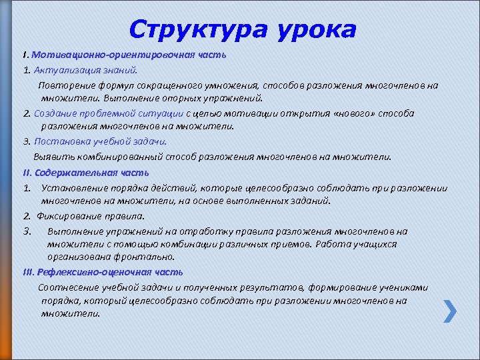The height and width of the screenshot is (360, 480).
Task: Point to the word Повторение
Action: pyautogui.click(x=64, y=85)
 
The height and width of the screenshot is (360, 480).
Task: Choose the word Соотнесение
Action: pyautogui.click(x=66, y=287)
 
